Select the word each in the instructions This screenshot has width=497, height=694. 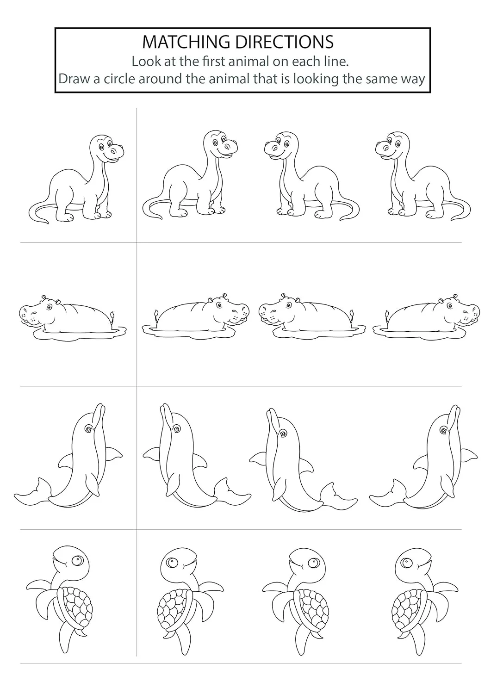point(306,62)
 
